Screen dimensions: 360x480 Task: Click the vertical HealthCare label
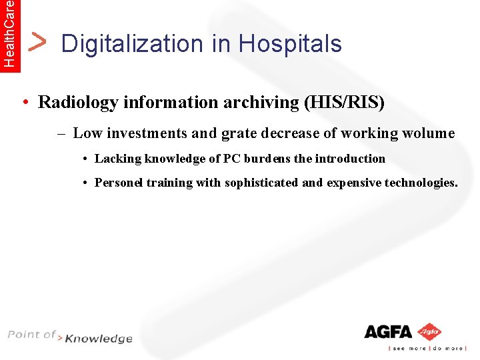coord(9,33)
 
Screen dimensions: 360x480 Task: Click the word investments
coord(147,133)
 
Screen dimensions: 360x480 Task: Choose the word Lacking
coord(119,159)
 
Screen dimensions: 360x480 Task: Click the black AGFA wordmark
coord(389,331)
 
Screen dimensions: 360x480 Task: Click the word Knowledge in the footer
coord(99,339)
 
